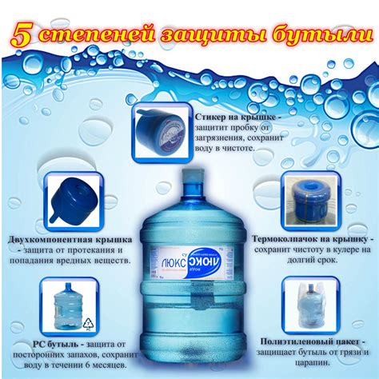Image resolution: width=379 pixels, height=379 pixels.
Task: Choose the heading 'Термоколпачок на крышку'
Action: (310, 238)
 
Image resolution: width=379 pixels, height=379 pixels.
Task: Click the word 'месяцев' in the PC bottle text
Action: (101, 365)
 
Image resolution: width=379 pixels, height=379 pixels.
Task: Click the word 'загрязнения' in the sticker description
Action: (225, 138)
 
